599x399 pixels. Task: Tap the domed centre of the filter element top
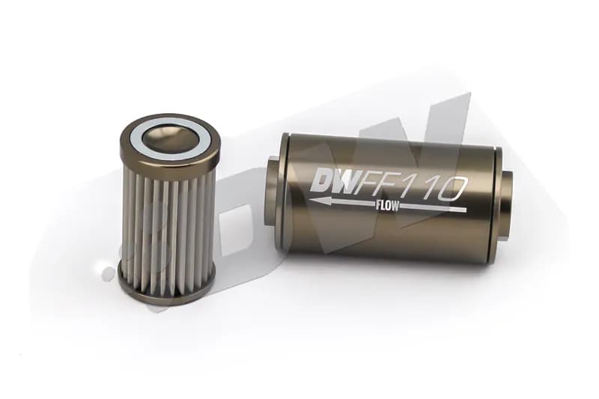[x=169, y=137]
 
